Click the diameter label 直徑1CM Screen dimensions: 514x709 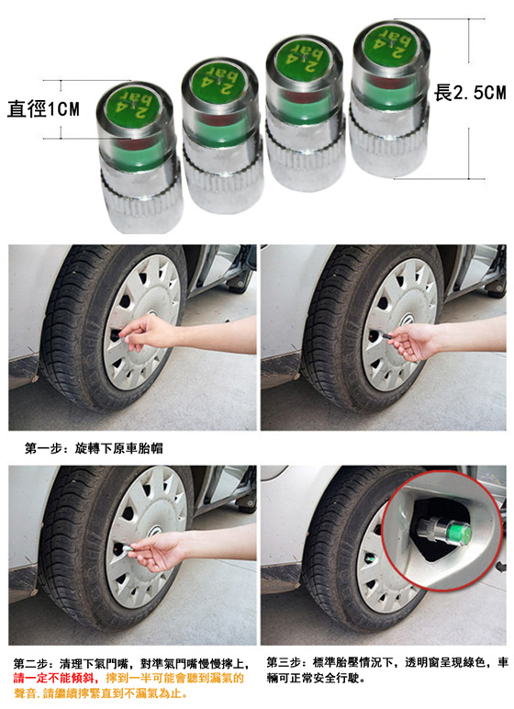(43, 109)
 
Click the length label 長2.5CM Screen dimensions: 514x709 (470, 93)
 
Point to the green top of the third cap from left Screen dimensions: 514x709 (303, 59)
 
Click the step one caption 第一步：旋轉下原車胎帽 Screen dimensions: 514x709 (94, 448)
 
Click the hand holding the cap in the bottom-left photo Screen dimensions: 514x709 (157, 551)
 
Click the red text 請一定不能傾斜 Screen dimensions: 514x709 (55, 679)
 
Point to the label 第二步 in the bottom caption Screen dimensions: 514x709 (30, 664)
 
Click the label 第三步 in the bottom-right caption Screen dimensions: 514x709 (284, 662)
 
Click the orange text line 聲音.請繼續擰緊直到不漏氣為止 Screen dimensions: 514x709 (100, 693)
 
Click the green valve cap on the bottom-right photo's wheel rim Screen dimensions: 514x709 (370, 560)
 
